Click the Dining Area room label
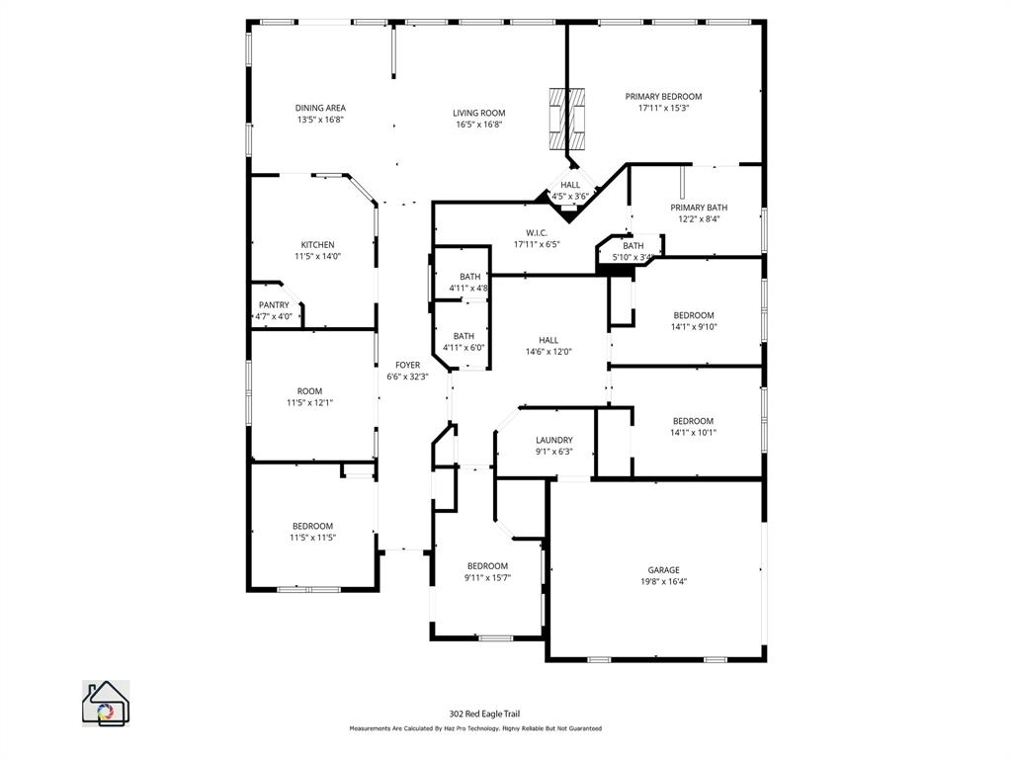[320, 109]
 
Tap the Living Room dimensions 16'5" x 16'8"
[479, 125]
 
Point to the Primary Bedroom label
[663, 97]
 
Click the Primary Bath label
[699, 208]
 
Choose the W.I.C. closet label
[537, 233]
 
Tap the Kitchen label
[317, 245]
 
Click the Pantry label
[274, 305]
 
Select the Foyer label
[407, 366]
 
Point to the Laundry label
[553, 441]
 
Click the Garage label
[663, 570]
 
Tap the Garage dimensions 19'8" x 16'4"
[663, 582]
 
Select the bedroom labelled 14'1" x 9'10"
[693, 316]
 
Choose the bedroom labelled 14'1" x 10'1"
[693, 421]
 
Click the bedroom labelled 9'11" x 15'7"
[487, 566]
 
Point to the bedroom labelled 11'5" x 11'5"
[312, 526]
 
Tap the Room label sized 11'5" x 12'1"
[309, 391]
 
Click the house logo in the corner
[105, 703]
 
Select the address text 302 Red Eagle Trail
[484, 714]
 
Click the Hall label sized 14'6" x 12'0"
[548, 340]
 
